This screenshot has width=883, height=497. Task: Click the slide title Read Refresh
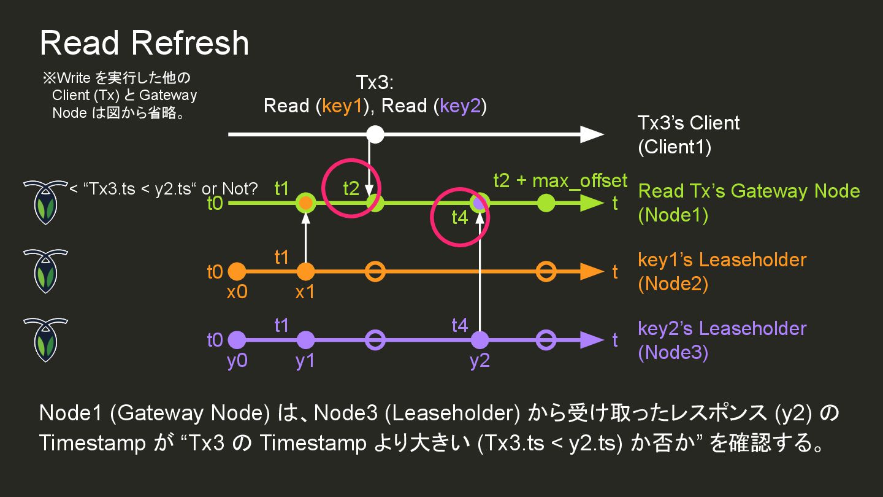click(144, 43)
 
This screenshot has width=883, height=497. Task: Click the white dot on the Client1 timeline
click(375, 134)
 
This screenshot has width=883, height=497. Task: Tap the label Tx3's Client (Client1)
click(688, 135)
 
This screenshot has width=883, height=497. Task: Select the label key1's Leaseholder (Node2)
click(722, 271)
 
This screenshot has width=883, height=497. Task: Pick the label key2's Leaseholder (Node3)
click(722, 340)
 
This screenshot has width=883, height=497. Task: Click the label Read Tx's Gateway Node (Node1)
click(749, 202)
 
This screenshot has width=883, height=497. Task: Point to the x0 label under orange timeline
click(237, 292)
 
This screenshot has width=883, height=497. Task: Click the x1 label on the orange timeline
click(305, 292)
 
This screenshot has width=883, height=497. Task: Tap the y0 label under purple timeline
click(237, 361)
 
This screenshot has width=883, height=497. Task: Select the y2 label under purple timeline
click(480, 361)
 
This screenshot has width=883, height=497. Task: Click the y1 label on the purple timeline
click(305, 361)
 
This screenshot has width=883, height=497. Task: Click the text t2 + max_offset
click(560, 181)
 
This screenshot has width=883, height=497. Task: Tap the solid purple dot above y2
click(480, 339)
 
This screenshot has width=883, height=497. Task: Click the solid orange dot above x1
click(305, 271)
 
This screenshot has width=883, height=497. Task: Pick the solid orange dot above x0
click(237, 271)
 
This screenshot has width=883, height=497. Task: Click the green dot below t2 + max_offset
click(546, 203)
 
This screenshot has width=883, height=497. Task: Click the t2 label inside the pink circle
click(351, 188)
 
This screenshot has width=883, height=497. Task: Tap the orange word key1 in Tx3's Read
click(343, 106)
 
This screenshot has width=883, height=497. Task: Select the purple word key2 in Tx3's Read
click(461, 106)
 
